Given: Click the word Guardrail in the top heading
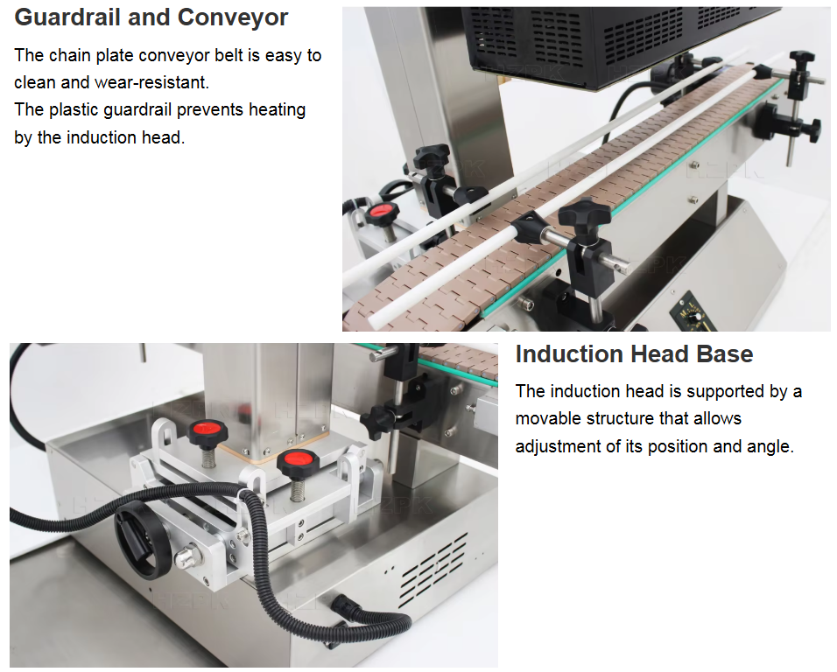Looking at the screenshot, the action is [x=67, y=18].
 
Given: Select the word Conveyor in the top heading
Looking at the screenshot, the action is [x=232, y=18].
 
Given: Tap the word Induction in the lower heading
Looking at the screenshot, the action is [x=570, y=354].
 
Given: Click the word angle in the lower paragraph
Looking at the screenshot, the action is [x=770, y=446].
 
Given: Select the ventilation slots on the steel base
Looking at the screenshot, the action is [x=433, y=570].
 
